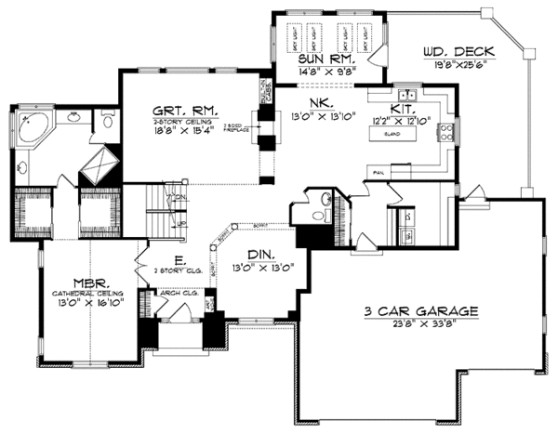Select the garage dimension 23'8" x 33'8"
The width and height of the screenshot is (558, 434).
coord(418,325)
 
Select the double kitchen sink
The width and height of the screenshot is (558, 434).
coord(406,95)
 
